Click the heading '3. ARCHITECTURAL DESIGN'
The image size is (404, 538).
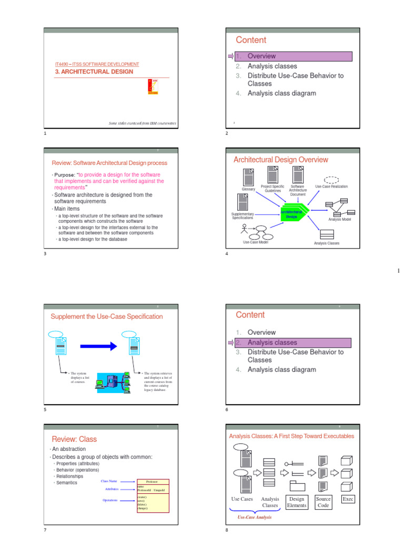tap(94, 71)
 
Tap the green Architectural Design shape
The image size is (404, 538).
tap(291, 214)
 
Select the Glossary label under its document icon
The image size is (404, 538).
tap(248, 189)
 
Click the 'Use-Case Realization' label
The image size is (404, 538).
tap(331, 187)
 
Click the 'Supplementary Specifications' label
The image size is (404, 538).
tap(243, 216)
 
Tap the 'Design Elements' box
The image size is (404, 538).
tap(296, 502)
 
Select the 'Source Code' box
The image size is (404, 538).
tap(323, 502)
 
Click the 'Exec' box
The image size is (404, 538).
tap(348, 499)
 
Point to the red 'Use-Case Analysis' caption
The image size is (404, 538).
tap(255, 518)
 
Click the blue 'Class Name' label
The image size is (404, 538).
tap(109, 481)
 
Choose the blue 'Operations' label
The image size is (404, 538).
tap(110, 500)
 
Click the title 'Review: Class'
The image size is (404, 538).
tap(74, 439)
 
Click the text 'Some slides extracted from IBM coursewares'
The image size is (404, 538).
tap(142, 123)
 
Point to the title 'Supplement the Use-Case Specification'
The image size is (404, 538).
tap(107, 316)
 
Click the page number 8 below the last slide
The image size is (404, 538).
tap(227, 530)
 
